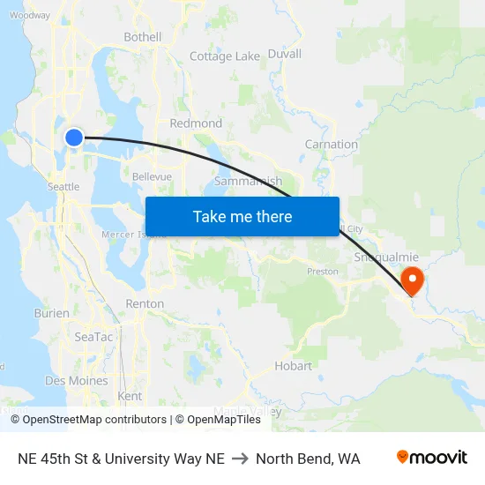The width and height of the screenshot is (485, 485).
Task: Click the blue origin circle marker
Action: tap(74, 137)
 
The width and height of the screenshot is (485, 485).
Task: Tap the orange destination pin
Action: tap(412, 281)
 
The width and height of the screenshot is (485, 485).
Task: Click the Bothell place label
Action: tap(142, 37)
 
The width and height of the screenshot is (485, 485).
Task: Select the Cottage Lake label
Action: tap(225, 56)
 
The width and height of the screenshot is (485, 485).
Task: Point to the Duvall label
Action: tap(284, 54)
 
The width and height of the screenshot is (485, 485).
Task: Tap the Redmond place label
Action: tap(196, 123)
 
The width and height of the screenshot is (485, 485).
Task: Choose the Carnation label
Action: tap(331, 144)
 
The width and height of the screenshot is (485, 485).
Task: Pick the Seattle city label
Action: tap(63, 187)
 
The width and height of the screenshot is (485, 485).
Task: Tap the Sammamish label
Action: tap(248, 182)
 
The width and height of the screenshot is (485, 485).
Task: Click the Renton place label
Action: tap(145, 303)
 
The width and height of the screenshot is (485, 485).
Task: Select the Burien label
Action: tap(51, 313)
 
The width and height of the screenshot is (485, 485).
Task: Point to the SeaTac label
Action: tap(93, 337)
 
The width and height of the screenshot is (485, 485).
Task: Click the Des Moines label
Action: tap(76, 381)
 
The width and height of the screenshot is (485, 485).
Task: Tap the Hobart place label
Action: tap(293, 366)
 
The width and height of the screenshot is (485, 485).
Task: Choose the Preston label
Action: tap(322, 272)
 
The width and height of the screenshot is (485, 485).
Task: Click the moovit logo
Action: tap(431, 458)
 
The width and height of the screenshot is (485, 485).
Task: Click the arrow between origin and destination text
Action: tap(240, 459)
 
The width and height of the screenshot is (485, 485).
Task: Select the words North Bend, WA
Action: tap(308, 459)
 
